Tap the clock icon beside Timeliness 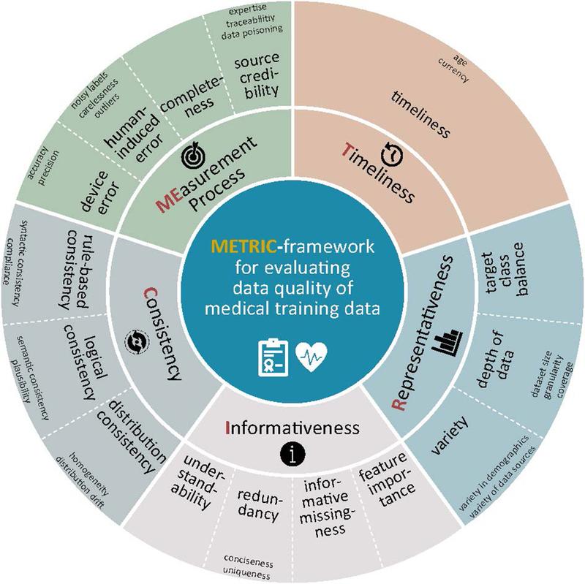(x=392, y=154)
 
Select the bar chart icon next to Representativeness (x=448, y=342)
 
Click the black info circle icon (x=292, y=454)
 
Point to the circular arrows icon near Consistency (x=137, y=341)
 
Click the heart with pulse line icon (x=312, y=357)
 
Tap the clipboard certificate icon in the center (x=273, y=357)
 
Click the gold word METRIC (x=244, y=246)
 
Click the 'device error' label (x=100, y=191)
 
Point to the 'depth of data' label (x=494, y=359)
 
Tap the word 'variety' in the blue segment (x=450, y=435)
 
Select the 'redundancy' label (x=260, y=504)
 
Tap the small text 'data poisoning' (x=252, y=32)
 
